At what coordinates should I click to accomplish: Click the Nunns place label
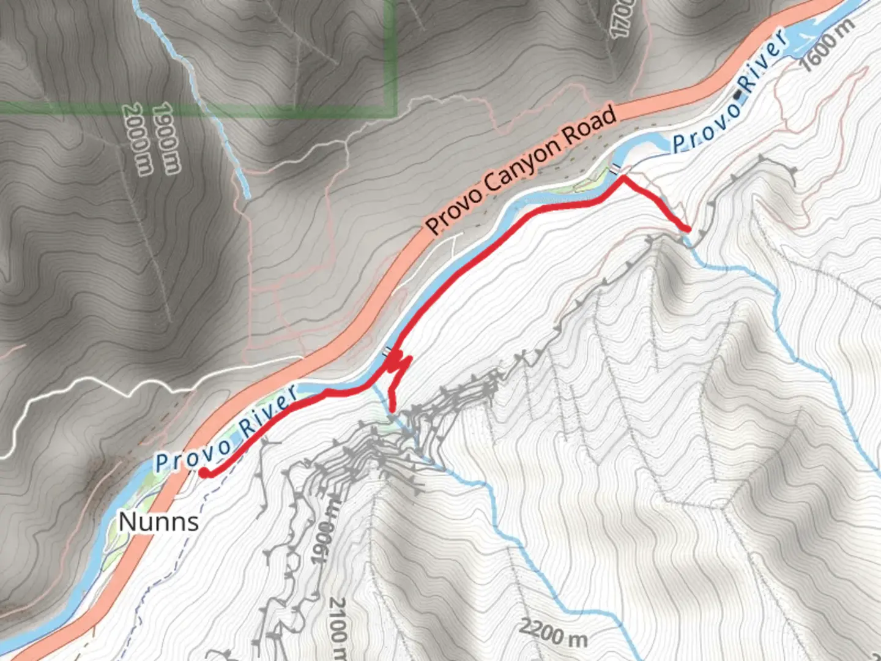click(158, 522)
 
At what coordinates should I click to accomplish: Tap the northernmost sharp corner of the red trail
click(623, 178)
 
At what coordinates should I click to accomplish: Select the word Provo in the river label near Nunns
click(192, 456)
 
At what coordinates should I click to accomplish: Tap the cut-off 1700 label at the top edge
click(622, 18)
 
